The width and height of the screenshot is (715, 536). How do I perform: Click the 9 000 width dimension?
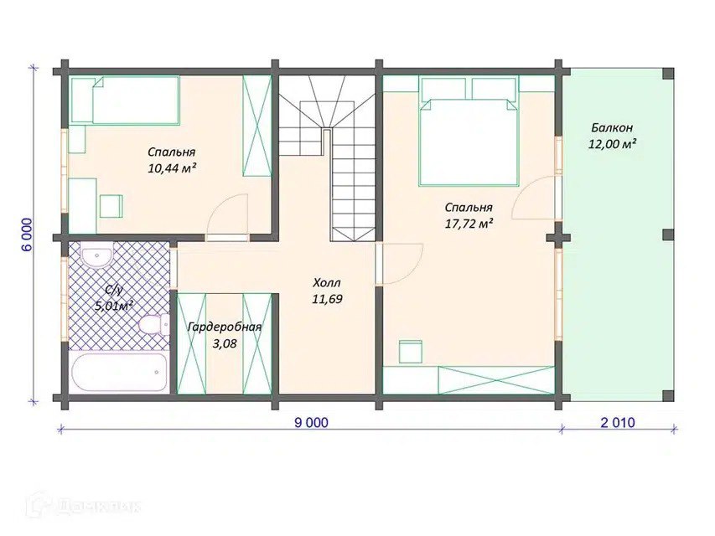click(311, 423)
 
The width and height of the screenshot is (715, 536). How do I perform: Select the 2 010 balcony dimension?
click(618, 423)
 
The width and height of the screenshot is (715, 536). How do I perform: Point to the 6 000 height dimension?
click(27, 234)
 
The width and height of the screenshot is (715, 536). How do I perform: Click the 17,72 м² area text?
click(469, 224)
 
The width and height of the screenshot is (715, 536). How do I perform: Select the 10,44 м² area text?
click(172, 167)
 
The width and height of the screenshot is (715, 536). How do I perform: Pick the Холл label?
click(327, 282)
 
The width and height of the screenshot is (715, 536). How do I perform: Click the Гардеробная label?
click(225, 327)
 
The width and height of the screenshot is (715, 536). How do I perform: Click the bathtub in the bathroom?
click(120, 372)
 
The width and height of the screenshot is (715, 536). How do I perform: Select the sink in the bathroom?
click(96, 255)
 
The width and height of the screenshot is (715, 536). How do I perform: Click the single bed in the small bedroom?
click(125, 100)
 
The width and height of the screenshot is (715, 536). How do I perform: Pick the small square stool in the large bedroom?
click(411, 352)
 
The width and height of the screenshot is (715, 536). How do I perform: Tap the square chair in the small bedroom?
click(111, 206)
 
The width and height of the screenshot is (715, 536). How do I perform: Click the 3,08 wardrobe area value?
click(225, 343)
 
